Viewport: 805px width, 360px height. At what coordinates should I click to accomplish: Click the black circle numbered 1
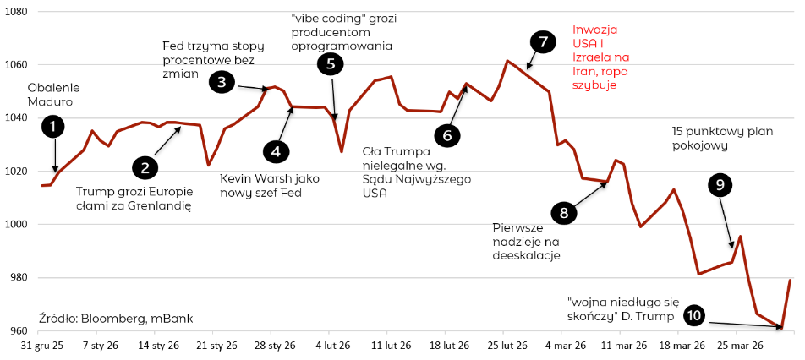coord(53,127)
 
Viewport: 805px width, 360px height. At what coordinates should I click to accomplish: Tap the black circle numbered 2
coord(145,167)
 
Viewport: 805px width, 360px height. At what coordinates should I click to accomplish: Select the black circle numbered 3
coord(222,82)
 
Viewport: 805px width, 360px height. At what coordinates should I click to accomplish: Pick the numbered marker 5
coord(331,63)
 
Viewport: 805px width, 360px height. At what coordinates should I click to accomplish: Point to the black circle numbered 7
coord(543,41)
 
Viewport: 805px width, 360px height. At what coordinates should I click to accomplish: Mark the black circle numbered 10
coord(693,315)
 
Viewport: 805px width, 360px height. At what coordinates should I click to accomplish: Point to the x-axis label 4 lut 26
coord(333,345)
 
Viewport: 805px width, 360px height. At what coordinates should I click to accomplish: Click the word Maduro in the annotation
coord(50,101)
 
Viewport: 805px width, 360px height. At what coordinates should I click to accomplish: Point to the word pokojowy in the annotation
coord(699,145)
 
